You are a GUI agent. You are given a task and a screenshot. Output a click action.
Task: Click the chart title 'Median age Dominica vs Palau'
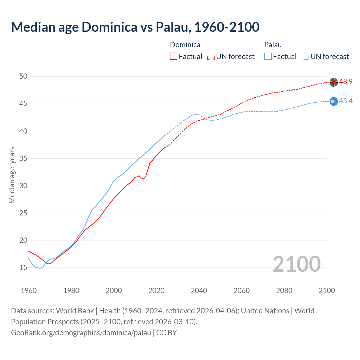(x=135, y=27)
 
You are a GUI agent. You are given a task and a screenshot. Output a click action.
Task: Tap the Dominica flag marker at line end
(x=334, y=82)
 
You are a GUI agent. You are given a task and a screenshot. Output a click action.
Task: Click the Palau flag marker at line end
(x=334, y=101)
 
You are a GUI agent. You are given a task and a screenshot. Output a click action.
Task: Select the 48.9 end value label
(x=346, y=82)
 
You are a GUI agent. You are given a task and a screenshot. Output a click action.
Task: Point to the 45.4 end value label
(x=346, y=101)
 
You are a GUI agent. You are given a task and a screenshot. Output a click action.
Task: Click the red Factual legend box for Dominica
(x=174, y=57)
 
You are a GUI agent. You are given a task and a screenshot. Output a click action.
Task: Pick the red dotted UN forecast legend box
(x=211, y=57)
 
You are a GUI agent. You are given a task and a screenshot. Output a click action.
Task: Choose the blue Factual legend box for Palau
(x=268, y=57)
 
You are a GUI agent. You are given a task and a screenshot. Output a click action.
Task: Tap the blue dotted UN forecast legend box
(x=305, y=57)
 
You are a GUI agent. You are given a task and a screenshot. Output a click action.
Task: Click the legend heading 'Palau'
(x=273, y=45)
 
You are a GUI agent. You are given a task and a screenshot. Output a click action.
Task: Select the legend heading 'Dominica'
(x=185, y=45)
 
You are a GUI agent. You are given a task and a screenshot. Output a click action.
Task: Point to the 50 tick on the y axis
(x=23, y=76)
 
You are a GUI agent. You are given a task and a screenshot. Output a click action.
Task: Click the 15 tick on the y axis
(x=23, y=267)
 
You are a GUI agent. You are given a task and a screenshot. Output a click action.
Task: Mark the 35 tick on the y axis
(x=23, y=158)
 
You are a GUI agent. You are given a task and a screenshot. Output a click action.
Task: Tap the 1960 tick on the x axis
(x=29, y=291)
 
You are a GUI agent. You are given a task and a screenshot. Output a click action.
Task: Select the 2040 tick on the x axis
(x=199, y=291)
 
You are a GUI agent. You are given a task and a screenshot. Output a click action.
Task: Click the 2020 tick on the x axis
(x=156, y=291)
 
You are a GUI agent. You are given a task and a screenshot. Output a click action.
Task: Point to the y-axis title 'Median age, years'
(x=12, y=175)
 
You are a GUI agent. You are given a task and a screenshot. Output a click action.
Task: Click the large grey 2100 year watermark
(x=297, y=264)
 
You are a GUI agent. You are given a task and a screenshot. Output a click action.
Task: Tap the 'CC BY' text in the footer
(x=166, y=333)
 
